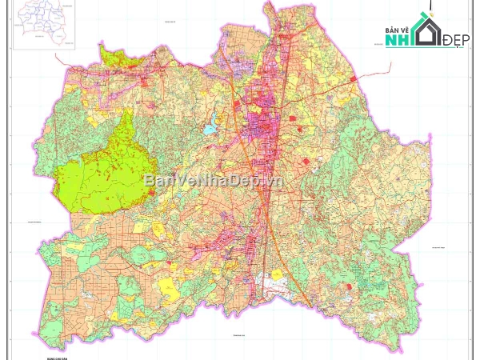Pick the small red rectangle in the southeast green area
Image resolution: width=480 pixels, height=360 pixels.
pos(350,286)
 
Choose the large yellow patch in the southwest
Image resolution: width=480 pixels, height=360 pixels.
pos(169,287)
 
